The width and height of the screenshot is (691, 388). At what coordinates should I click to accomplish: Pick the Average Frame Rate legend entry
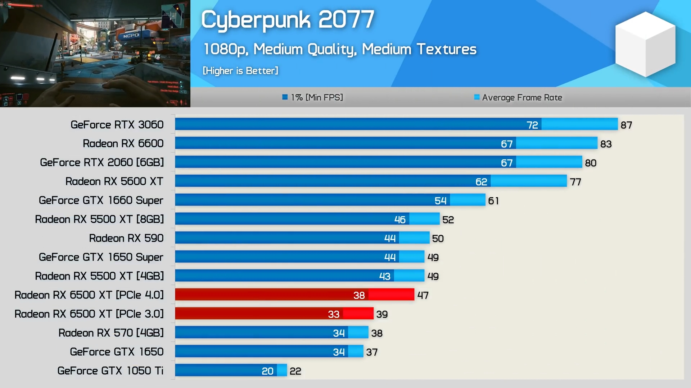coord(518,97)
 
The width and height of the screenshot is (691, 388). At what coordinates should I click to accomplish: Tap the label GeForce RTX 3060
coord(117,125)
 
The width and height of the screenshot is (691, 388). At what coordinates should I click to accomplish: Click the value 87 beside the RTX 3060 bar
coord(626,125)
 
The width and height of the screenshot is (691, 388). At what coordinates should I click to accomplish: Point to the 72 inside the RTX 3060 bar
coord(532,125)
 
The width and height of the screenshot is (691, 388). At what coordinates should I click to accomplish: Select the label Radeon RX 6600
coord(123,144)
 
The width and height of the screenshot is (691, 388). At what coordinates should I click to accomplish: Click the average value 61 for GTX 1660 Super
coord(493,201)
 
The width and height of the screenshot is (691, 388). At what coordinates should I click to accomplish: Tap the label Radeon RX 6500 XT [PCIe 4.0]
coord(89,295)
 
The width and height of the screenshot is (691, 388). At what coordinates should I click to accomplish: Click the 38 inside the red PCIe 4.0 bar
coord(359,295)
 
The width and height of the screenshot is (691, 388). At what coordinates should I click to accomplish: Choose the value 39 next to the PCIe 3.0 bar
coord(382,314)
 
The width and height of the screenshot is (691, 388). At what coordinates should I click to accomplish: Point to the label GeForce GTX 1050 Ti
coord(110,371)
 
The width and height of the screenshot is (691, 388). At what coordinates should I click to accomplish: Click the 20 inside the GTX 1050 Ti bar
coord(267,371)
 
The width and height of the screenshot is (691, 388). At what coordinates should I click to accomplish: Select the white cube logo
coord(645,44)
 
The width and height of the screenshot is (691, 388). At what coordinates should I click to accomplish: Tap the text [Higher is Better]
coord(240,71)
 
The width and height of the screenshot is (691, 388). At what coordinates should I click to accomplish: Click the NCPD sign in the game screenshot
coord(131,36)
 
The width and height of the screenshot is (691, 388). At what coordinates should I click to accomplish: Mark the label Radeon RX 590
coord(126,238)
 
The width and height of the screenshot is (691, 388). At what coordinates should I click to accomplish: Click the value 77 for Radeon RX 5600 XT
coord(575,182)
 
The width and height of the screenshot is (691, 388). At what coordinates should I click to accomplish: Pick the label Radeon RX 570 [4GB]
coord(111,333)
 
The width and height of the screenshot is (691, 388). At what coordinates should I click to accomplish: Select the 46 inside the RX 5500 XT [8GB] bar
coord(400,220)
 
